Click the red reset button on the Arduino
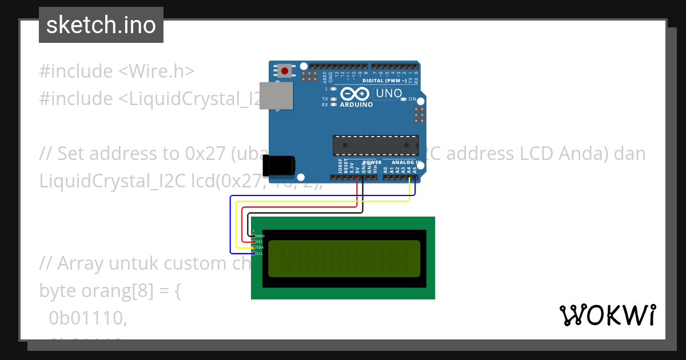[284, 71]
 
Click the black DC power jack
[278, 166]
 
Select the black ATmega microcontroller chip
[376, 145]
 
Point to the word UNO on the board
[389, 93]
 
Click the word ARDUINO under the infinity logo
[356, 105]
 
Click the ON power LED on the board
[404, 99]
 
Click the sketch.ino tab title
[101, 25]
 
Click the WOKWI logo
[607, 315]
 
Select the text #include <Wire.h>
[117, 71]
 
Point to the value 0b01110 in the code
[87, 318]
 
